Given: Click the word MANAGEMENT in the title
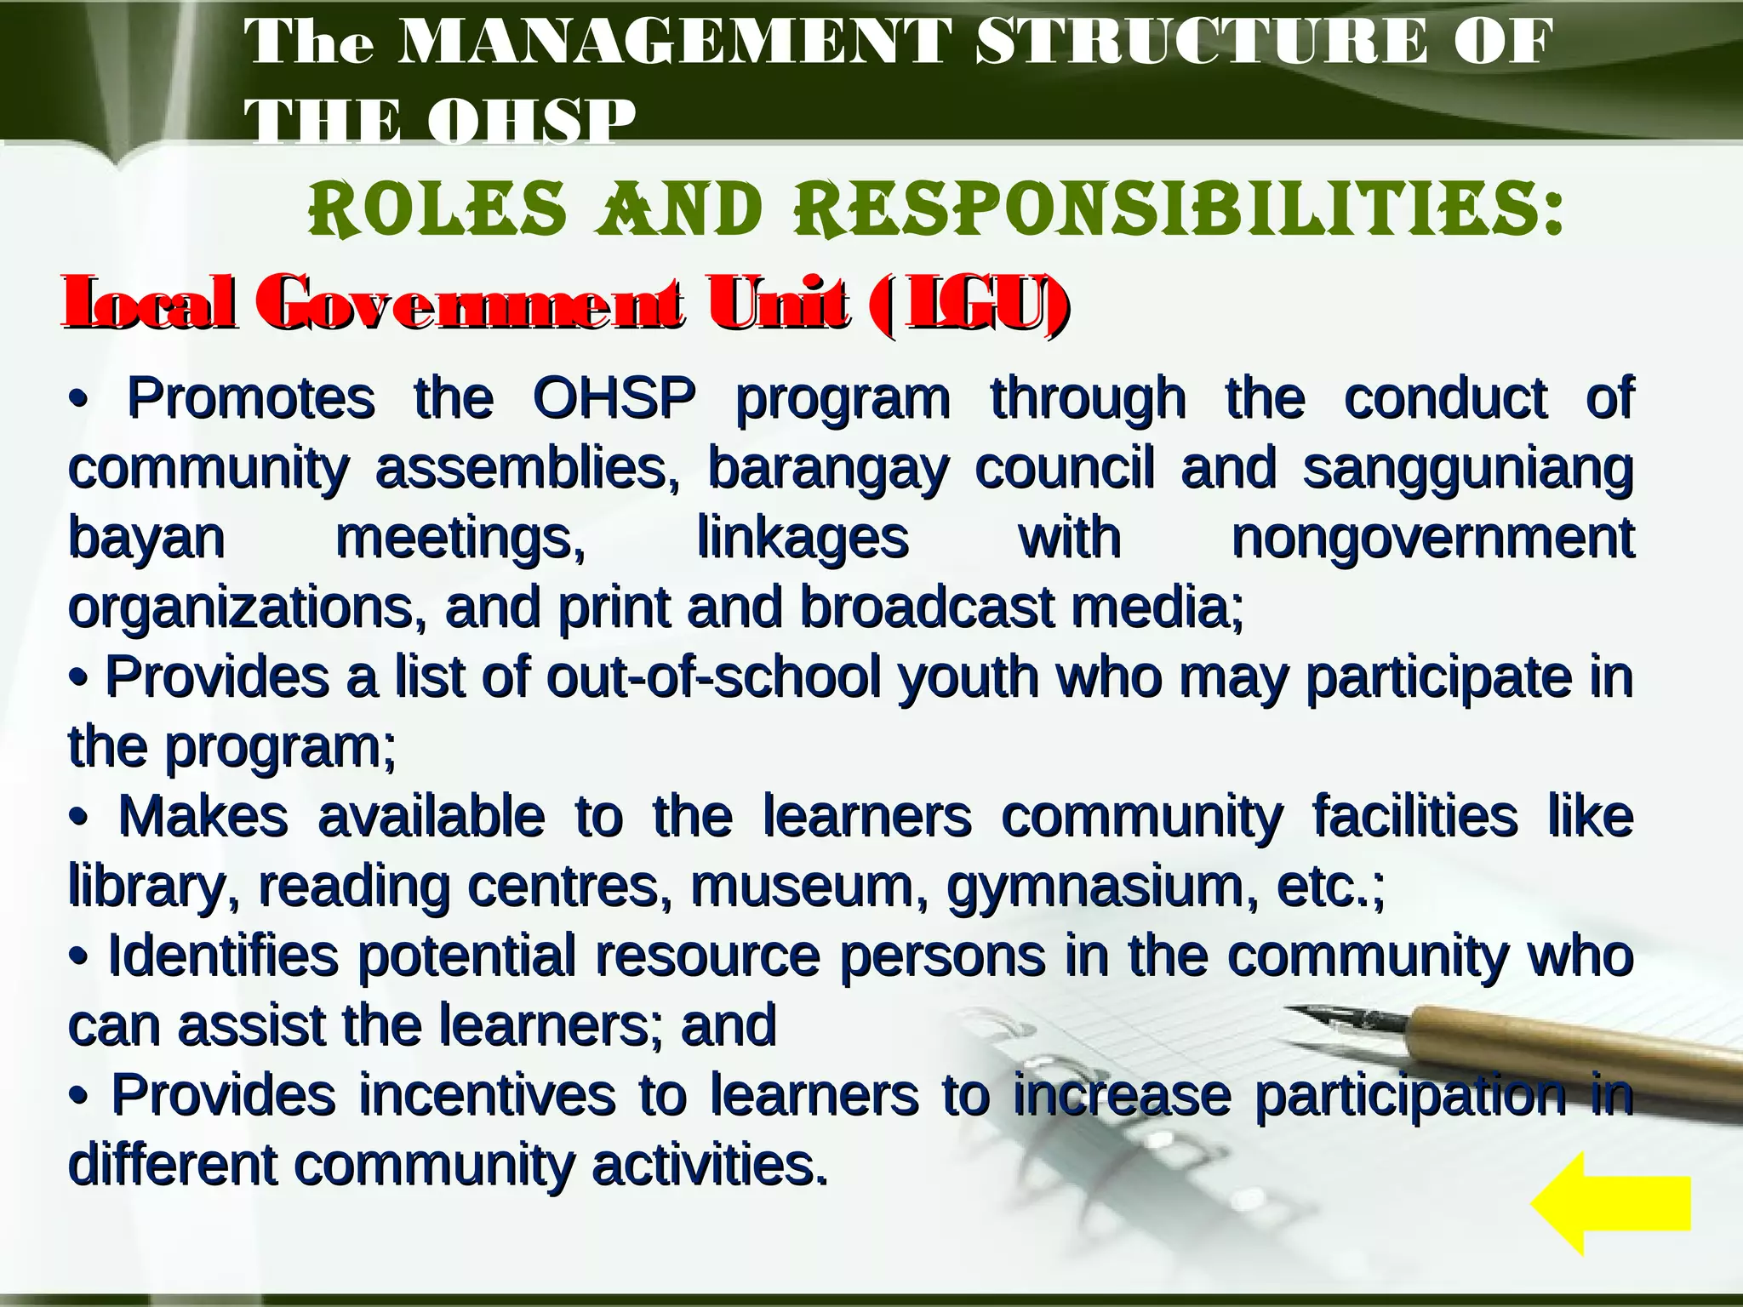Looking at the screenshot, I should (674, 43).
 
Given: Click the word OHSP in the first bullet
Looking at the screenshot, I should (614, 398).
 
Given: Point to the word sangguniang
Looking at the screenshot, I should (1467, 468).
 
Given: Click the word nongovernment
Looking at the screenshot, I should (1432, 539).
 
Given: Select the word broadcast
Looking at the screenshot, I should (927, 608).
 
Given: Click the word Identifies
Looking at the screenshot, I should (223, 956).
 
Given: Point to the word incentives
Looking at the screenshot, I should (487, 1094).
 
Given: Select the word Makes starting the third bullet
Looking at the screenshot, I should (203, 816).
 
